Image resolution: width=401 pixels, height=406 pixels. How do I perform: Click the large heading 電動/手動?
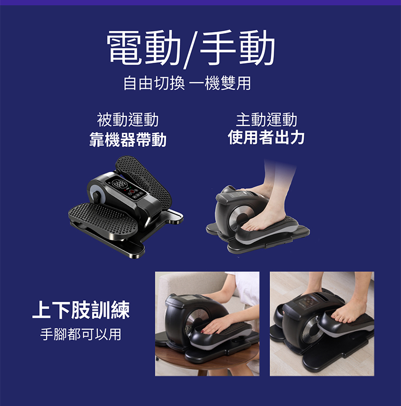pos(191,48)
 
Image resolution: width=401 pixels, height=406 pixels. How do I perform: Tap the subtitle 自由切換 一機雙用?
pos(187,83)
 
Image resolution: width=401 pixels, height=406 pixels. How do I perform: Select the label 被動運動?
pos(128,119)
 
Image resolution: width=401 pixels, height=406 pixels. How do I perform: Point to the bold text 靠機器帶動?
pos(128,140)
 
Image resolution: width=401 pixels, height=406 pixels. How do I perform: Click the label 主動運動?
pos(266,119)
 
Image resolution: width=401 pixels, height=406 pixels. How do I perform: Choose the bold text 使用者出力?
pos(266,137)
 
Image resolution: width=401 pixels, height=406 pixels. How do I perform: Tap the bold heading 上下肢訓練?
pos(81,310)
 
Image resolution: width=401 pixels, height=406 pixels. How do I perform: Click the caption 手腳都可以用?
pos(81,334)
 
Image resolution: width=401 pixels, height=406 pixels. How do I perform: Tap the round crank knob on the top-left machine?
pos(96,196)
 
